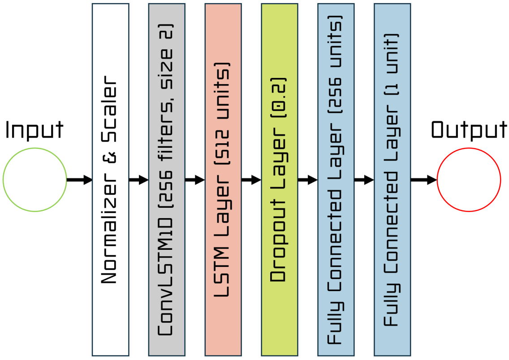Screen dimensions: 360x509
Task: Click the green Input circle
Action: tap(35, 180)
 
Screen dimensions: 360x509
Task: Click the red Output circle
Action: tap(468, 180)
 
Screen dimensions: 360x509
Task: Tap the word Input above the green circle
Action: tap(35, 130)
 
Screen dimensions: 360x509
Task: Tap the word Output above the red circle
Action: tap(469, 130)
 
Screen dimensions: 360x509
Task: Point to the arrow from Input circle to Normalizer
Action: tap(79, 180)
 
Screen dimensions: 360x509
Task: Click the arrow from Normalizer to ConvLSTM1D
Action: tap(138, 180)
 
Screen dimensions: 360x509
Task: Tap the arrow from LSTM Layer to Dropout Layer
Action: tap(251, 180)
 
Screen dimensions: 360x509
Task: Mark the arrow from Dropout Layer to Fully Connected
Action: tap(307, 180)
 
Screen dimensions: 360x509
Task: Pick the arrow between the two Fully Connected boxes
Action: tap(364, 180)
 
